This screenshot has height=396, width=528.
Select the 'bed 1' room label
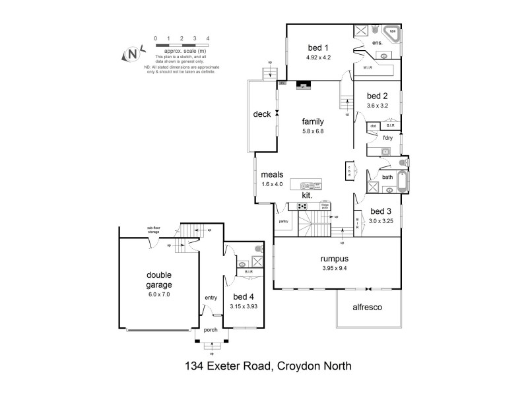pyautogui.click(x=318, y=47)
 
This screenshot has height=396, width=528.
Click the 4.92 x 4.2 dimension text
pyautogui.click(x=318, y=57)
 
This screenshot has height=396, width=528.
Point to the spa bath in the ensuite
pyautogui.click(x=391, y=33)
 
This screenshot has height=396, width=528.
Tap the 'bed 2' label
pyautogui.click(x=378, y=94)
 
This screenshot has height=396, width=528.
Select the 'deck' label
pyautogui.click(x=262, y=114)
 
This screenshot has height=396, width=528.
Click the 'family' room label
pyautogui.click(x=313, y=121)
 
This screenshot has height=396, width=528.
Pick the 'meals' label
pyautogui.click(x=272, y=174)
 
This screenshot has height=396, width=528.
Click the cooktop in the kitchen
pyautogui.click(x=303, y=206)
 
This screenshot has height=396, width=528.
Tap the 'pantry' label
pyautogui.click(x=284, y=222)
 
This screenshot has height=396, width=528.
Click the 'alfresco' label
pyautogui.click(x=368, y=308)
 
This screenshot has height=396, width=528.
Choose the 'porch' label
pyautogui.click(x=211, y=330)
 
